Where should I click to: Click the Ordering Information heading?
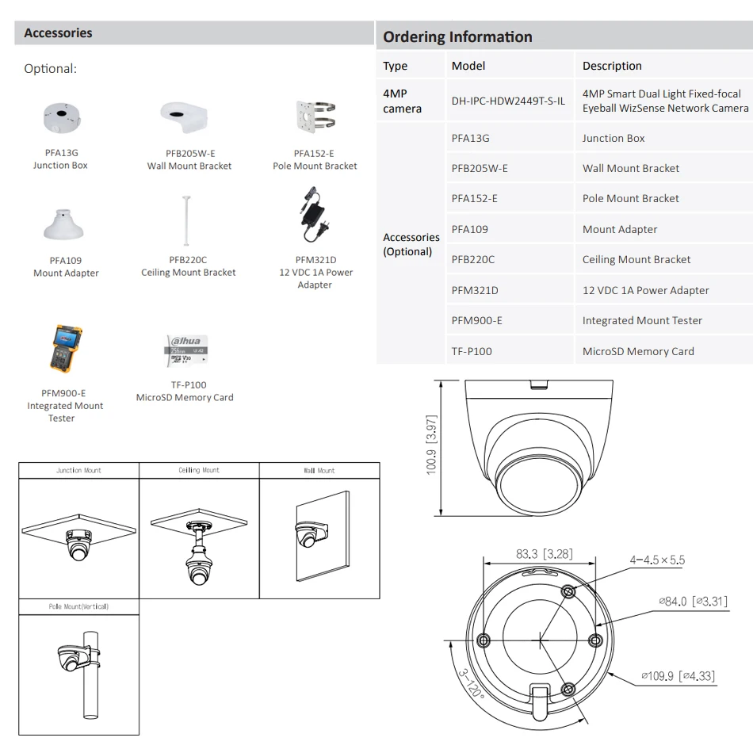pyautogui.click(x=457, y=36)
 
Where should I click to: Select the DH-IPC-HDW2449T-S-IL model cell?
pyautogui.click(x=508, y=101)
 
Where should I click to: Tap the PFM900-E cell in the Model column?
pyautogui.click(x=476, y=320)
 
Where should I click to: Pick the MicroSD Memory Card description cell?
pyautogui.click(x=638, y=351)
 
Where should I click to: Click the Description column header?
pyautogui.click(x=612, y=66)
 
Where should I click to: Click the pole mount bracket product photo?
pyautogui.click(x=314, y=118)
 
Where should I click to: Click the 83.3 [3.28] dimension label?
pyautogui.click(x=544, y=554)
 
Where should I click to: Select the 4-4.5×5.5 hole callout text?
pyautogui.click(x=657, y=560)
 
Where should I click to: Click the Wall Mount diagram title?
pyautogui.click(x=319, y=470)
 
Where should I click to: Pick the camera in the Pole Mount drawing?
pyautogui.click(x=73, y=656)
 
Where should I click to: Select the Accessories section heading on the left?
pyautogui.click(x=58, y=33)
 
